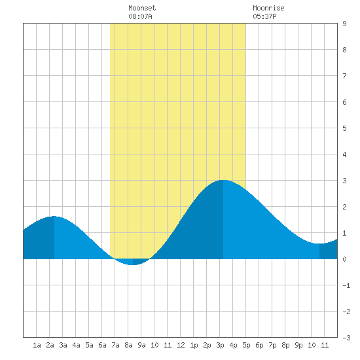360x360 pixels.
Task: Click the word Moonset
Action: pos(142,8)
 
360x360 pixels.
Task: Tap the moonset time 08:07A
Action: pos(140,16)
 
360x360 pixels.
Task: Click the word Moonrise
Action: pos(268,8)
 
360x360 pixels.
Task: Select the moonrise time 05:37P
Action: pos(264,16)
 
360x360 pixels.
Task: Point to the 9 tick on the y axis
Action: pos(344,24)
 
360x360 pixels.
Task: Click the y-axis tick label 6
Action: pos(344,102)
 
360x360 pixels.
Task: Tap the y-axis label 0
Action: pos(344,259)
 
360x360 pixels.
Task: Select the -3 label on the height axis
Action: pos(346,338)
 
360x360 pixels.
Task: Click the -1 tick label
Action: pos(346,285)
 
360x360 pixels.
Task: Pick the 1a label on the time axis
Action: pos(37,345)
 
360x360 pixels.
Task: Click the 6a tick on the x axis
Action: pos(102,345)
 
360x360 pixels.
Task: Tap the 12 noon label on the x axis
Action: pos(181,345)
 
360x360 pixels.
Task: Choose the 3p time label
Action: pos(220,345)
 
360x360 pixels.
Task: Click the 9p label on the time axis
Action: pos(298,345)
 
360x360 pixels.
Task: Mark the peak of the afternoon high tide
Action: pos(223,180)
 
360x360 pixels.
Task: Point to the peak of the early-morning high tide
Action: pos(54,216)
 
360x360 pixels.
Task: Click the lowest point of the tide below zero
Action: pos(133,264)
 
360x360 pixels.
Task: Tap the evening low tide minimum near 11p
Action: pos(319,243)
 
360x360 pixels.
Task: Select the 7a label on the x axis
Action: pos(115,345)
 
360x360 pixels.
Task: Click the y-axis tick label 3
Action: pos(344,181)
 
